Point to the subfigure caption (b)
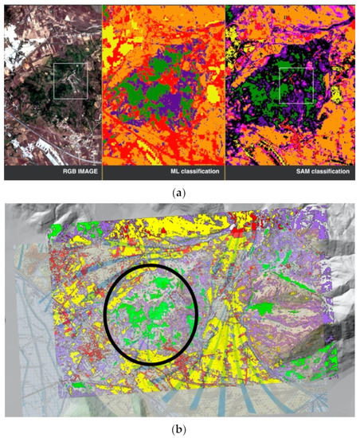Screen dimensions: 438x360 (179, 428)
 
